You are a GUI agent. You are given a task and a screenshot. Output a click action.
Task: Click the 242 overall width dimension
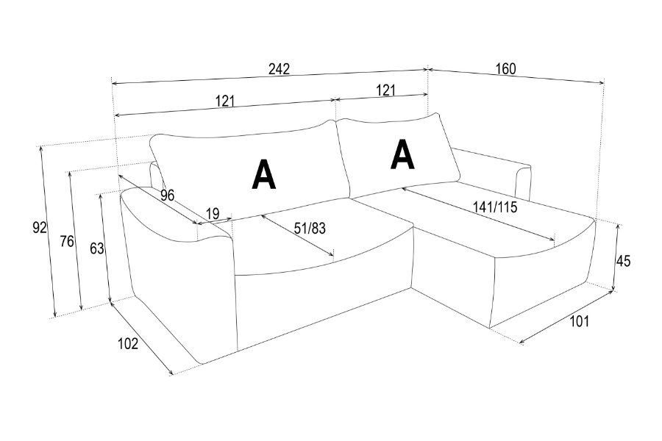[x=279, y=69]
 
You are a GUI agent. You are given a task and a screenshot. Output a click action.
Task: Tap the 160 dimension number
[x=505, y=68]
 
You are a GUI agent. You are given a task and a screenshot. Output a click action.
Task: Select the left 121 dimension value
[x=224, y=101]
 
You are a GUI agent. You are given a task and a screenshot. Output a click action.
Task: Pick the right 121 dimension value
[x=386, y=90]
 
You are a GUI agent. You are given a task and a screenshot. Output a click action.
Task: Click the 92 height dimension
[x=40, y=227]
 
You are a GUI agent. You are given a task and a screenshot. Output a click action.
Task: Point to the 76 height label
[x=67, y=241]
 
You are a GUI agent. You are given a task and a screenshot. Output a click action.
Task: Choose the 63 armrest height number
[x=96, y=248]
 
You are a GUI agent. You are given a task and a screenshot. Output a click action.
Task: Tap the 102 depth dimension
[x=128, y=343]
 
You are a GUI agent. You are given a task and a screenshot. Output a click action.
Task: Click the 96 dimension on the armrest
[x=167, y=195]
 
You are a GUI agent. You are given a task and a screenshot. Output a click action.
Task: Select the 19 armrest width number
[x=213, y=213]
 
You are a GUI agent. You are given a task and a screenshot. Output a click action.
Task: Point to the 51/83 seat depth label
[x=310, y=229]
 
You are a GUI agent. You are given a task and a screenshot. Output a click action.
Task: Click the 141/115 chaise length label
[x=495, y=207]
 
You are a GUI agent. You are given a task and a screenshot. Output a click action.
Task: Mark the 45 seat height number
[x=623, y=261]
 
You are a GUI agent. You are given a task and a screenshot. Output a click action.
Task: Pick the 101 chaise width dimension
[x=580, y=321]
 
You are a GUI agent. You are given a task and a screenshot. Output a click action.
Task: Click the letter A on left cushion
[x=264, y=174]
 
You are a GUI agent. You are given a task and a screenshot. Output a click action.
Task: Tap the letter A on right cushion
[x=403, y=154]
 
